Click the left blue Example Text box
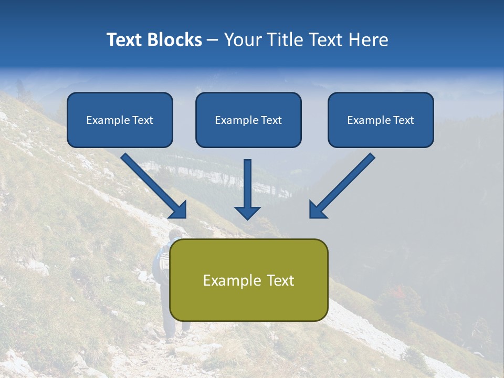120,120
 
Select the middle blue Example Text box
248,120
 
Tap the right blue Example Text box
381,120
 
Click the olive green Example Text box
248,280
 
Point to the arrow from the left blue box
153,185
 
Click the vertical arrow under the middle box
247,189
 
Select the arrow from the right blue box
342,185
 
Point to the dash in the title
213,40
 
